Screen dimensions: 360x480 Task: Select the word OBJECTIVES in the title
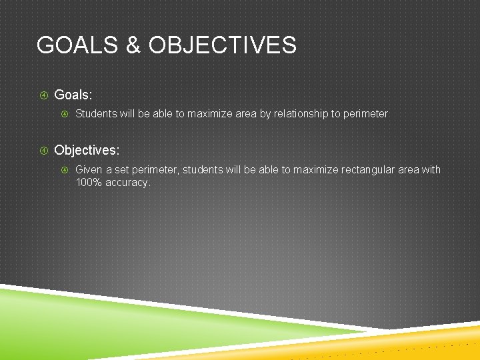(x=223, y=45)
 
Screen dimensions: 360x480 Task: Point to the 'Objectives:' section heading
(x=87, y=151)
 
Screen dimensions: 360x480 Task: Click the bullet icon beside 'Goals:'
(x=43, y=95)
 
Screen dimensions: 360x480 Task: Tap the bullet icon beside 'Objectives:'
(x=43, y=151)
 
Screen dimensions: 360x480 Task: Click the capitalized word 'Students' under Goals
(x=95, y=114)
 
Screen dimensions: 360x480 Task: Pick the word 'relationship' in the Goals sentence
(x=300, y=114)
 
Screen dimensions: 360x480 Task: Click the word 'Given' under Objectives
(x=89, y=170)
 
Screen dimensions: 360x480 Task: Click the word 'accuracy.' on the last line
(x=128, y=182)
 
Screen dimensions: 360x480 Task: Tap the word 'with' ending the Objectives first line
(x=431, y=170)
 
